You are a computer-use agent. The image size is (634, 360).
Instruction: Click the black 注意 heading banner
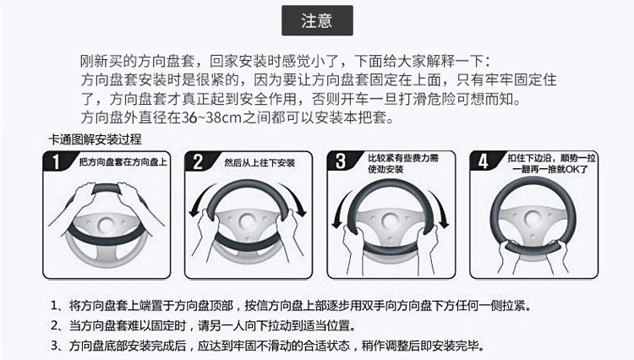click(316, 19)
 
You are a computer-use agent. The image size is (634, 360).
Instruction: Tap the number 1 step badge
click(56, 162)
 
